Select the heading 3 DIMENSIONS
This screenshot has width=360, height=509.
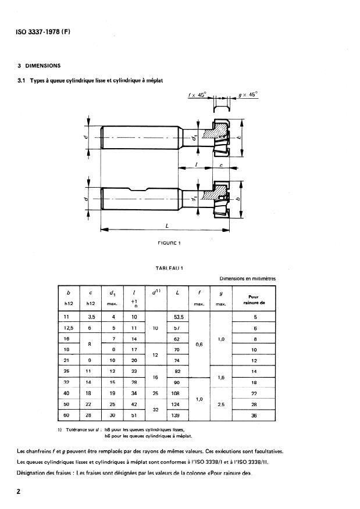pos(39,65)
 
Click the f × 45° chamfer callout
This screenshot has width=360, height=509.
pos(197,94)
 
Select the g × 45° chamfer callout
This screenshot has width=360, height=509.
pos(248,94)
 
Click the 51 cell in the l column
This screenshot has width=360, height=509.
pos(134,415)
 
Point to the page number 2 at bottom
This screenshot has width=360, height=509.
pos(20,492)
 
